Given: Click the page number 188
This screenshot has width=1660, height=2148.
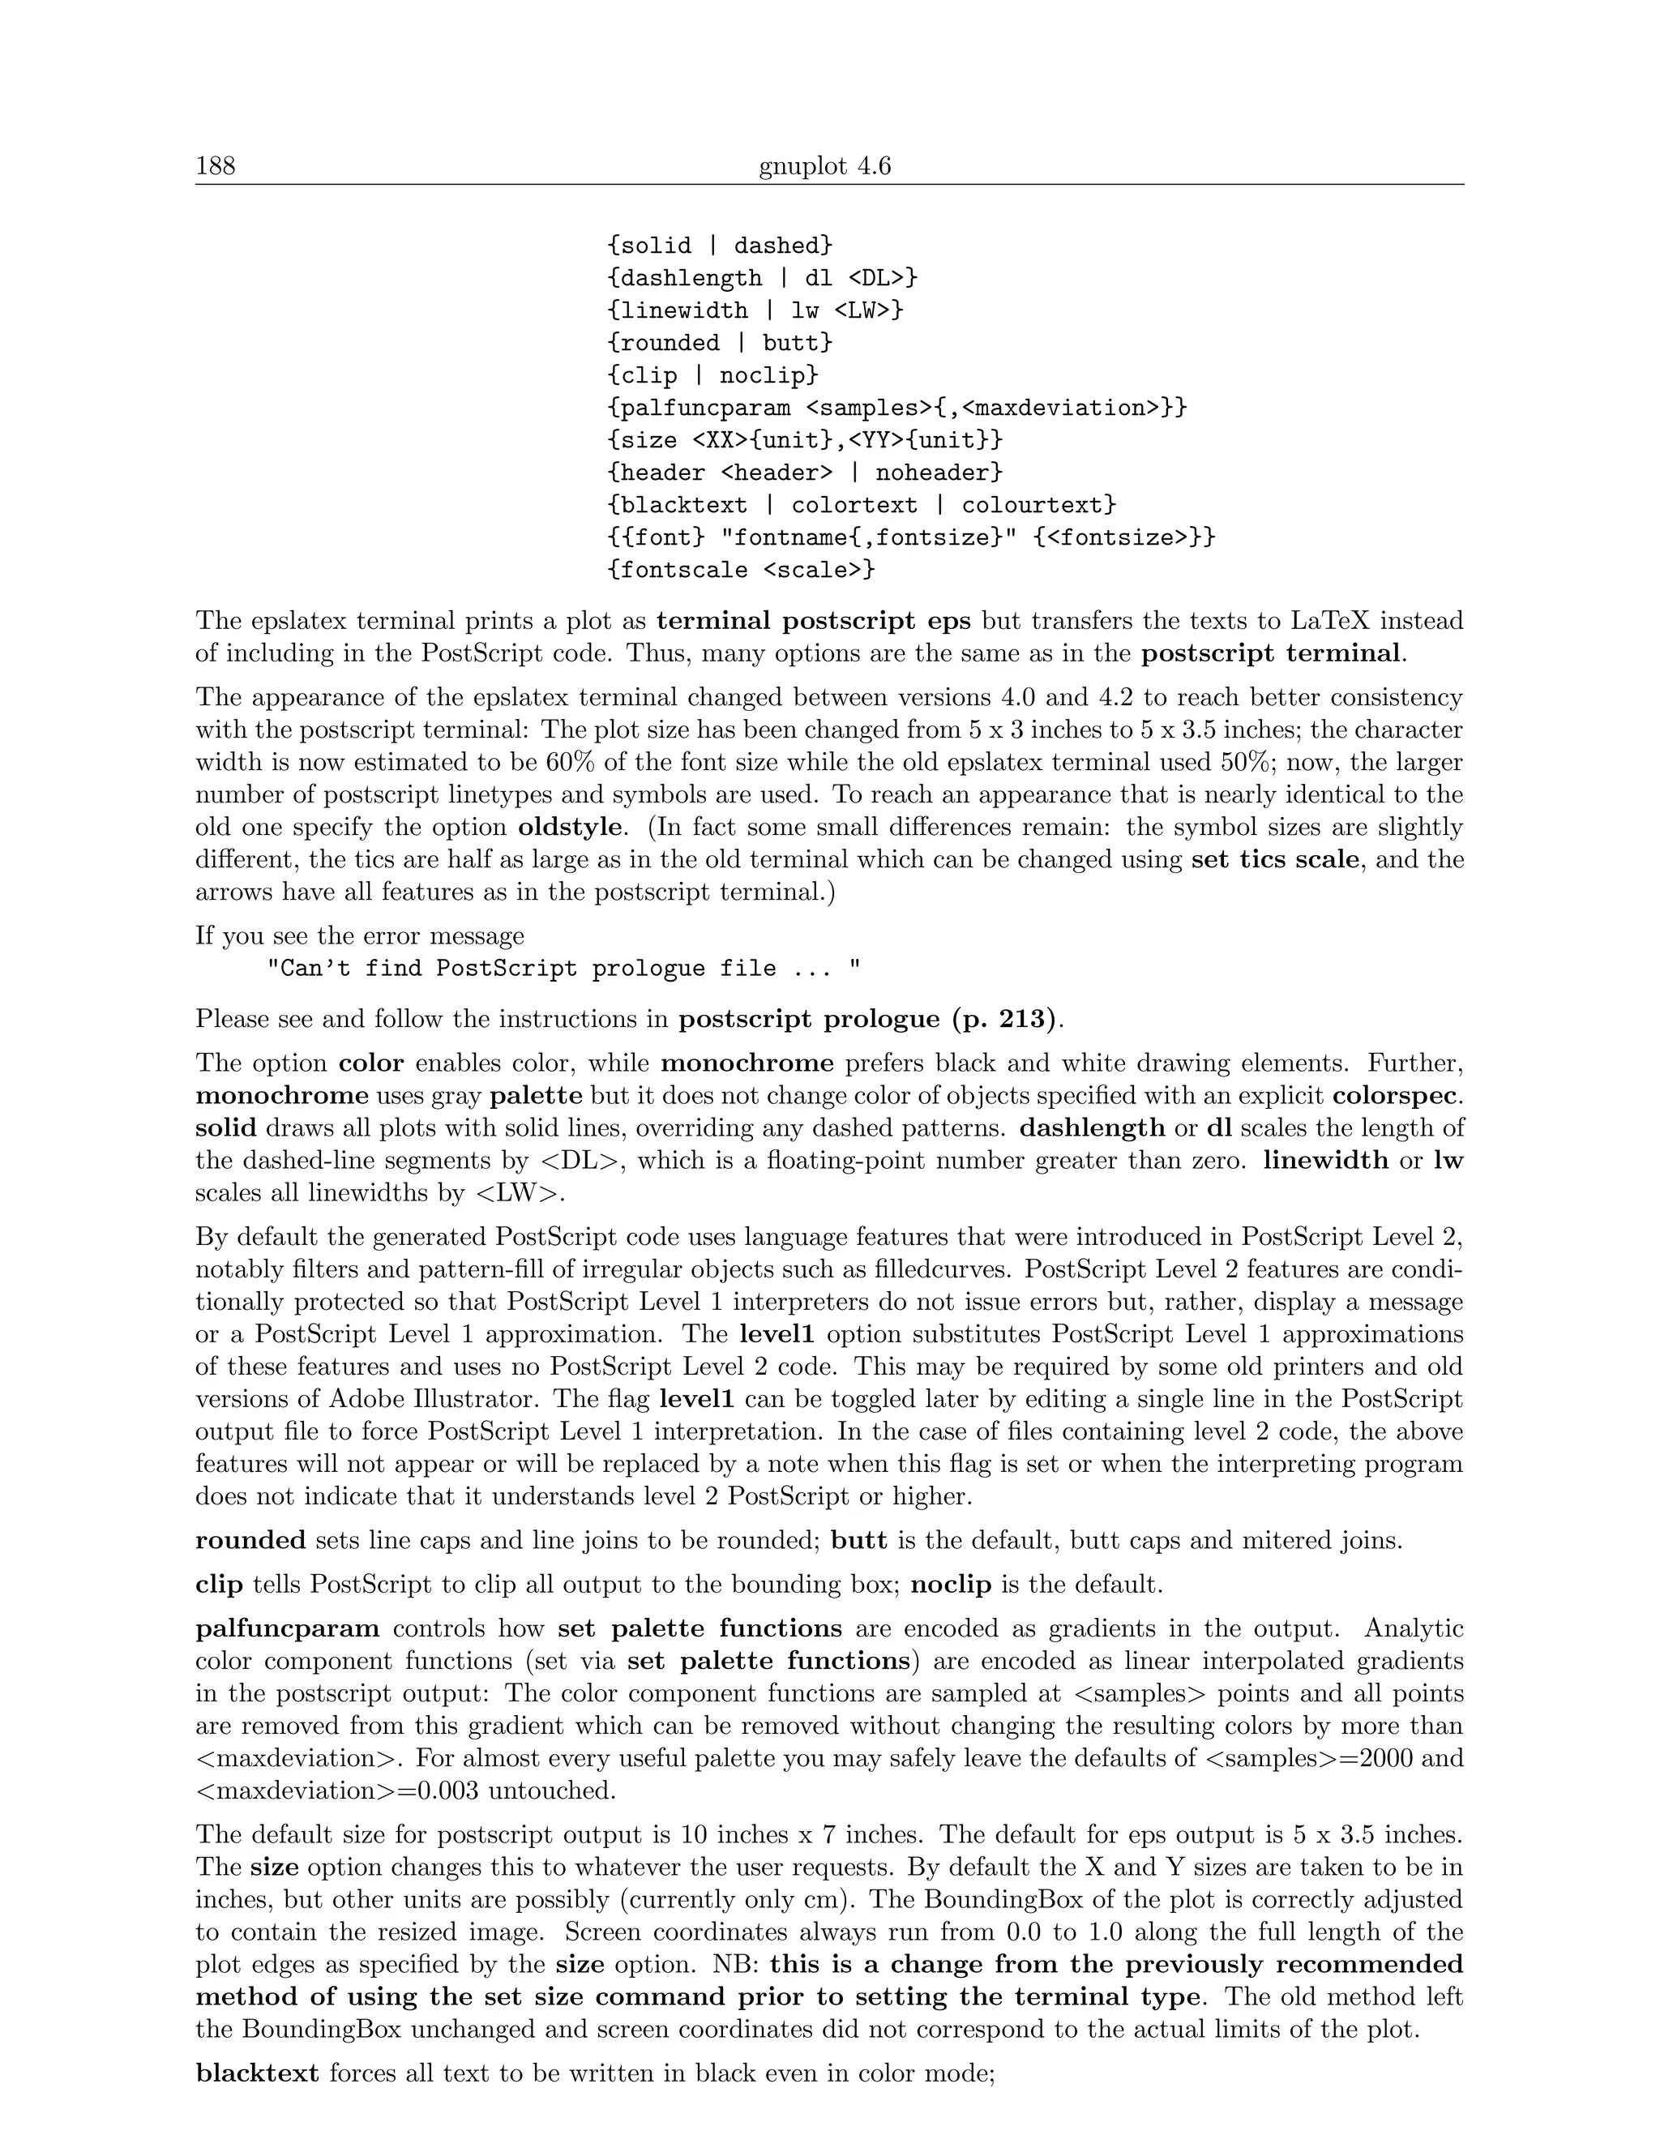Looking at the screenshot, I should click(x=216, y=166).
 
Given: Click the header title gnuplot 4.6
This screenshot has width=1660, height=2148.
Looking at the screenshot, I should click(x=824, y=166).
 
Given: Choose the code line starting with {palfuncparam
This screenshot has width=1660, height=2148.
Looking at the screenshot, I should click(x=897, y=409).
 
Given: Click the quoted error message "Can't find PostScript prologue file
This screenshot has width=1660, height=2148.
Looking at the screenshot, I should click(x=563, y=969).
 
